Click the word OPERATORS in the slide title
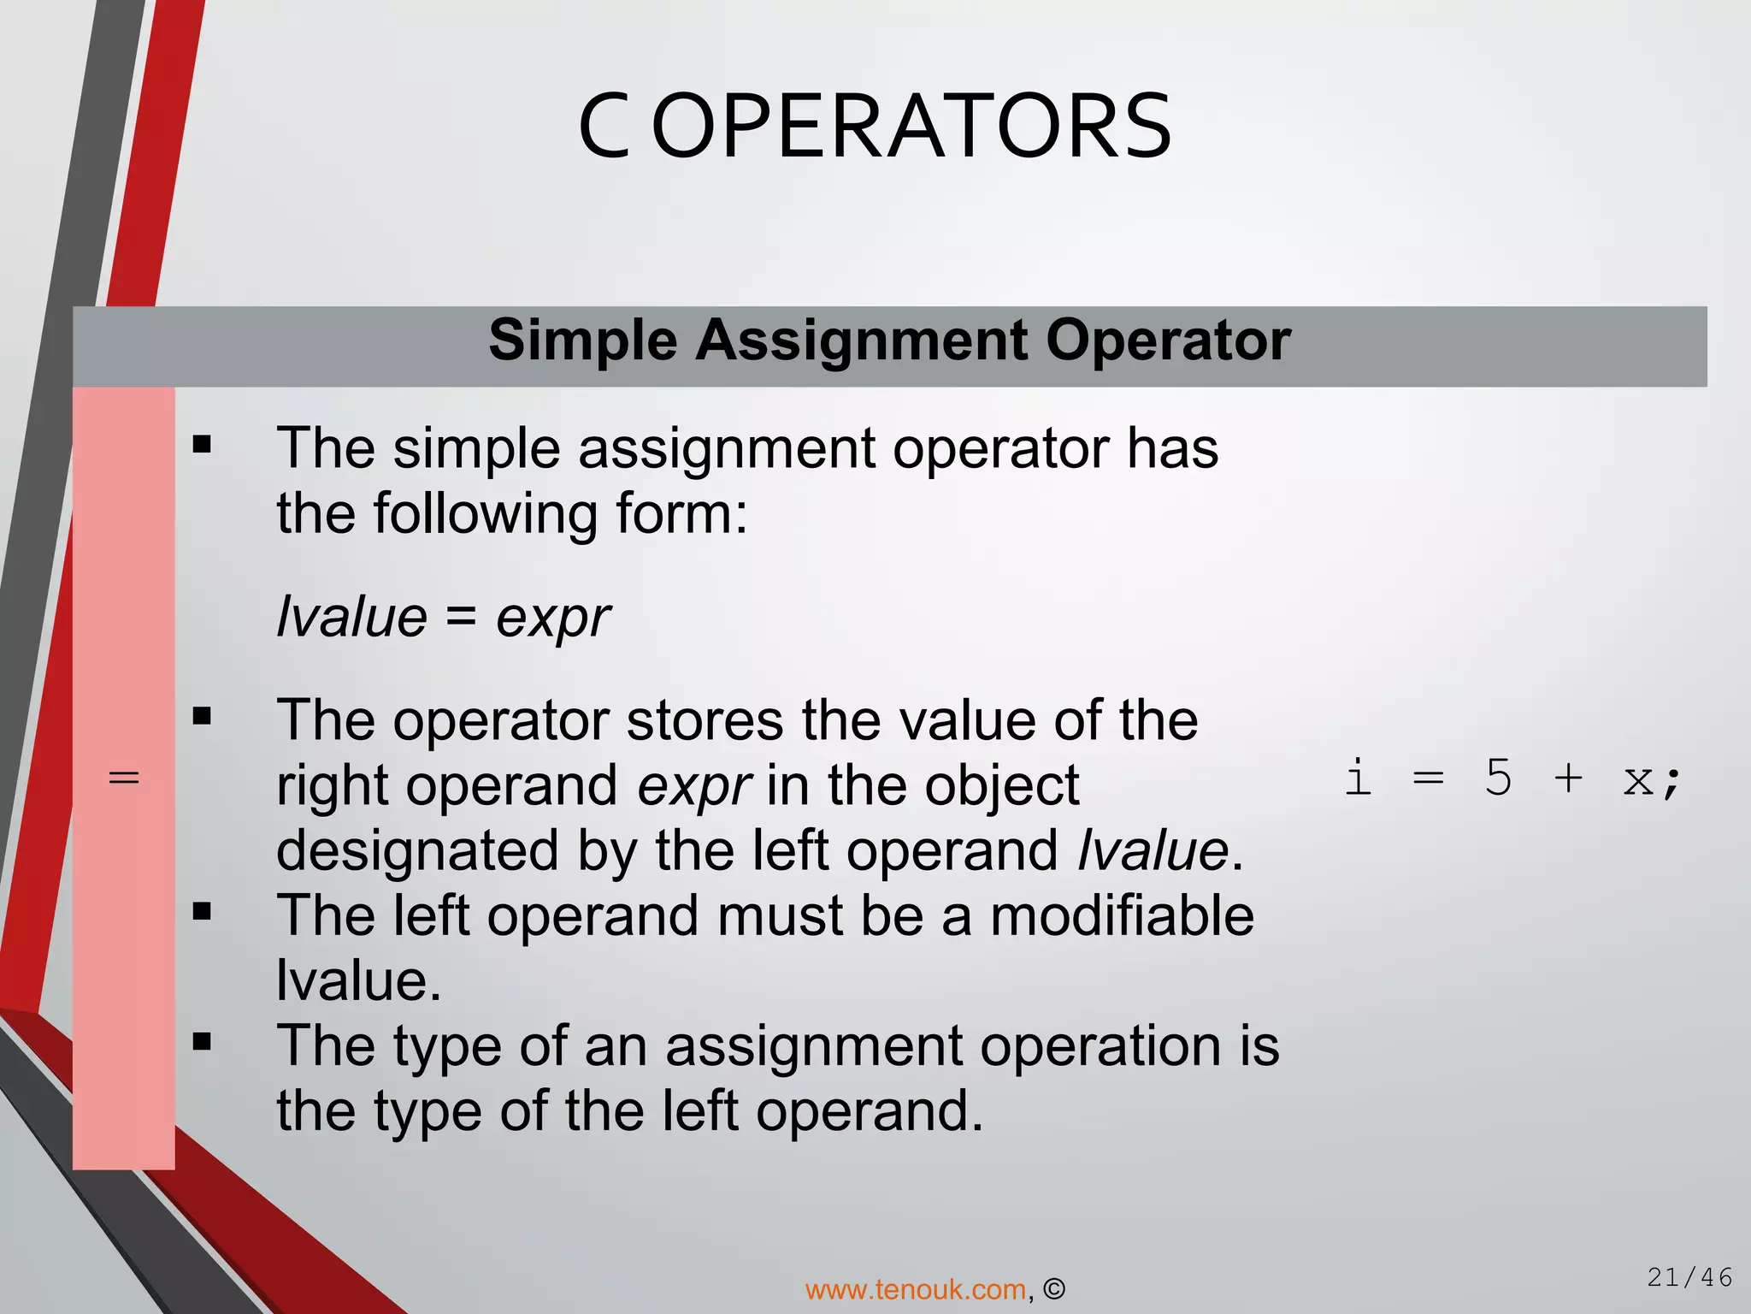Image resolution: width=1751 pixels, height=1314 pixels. point(911,128)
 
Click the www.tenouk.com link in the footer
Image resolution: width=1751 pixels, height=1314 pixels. point(915,1289)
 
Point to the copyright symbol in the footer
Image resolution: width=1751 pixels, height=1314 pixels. point(1054,1289)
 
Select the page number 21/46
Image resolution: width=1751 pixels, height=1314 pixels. point(1689,1278)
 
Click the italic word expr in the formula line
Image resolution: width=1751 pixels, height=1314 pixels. point(552,618)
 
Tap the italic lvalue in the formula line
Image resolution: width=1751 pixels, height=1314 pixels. point(351,618)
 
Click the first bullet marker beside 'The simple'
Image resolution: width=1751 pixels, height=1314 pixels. point(202,445)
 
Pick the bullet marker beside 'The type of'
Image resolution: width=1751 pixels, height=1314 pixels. point(202,1042)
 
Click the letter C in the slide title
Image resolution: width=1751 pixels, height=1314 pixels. point(604,128)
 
